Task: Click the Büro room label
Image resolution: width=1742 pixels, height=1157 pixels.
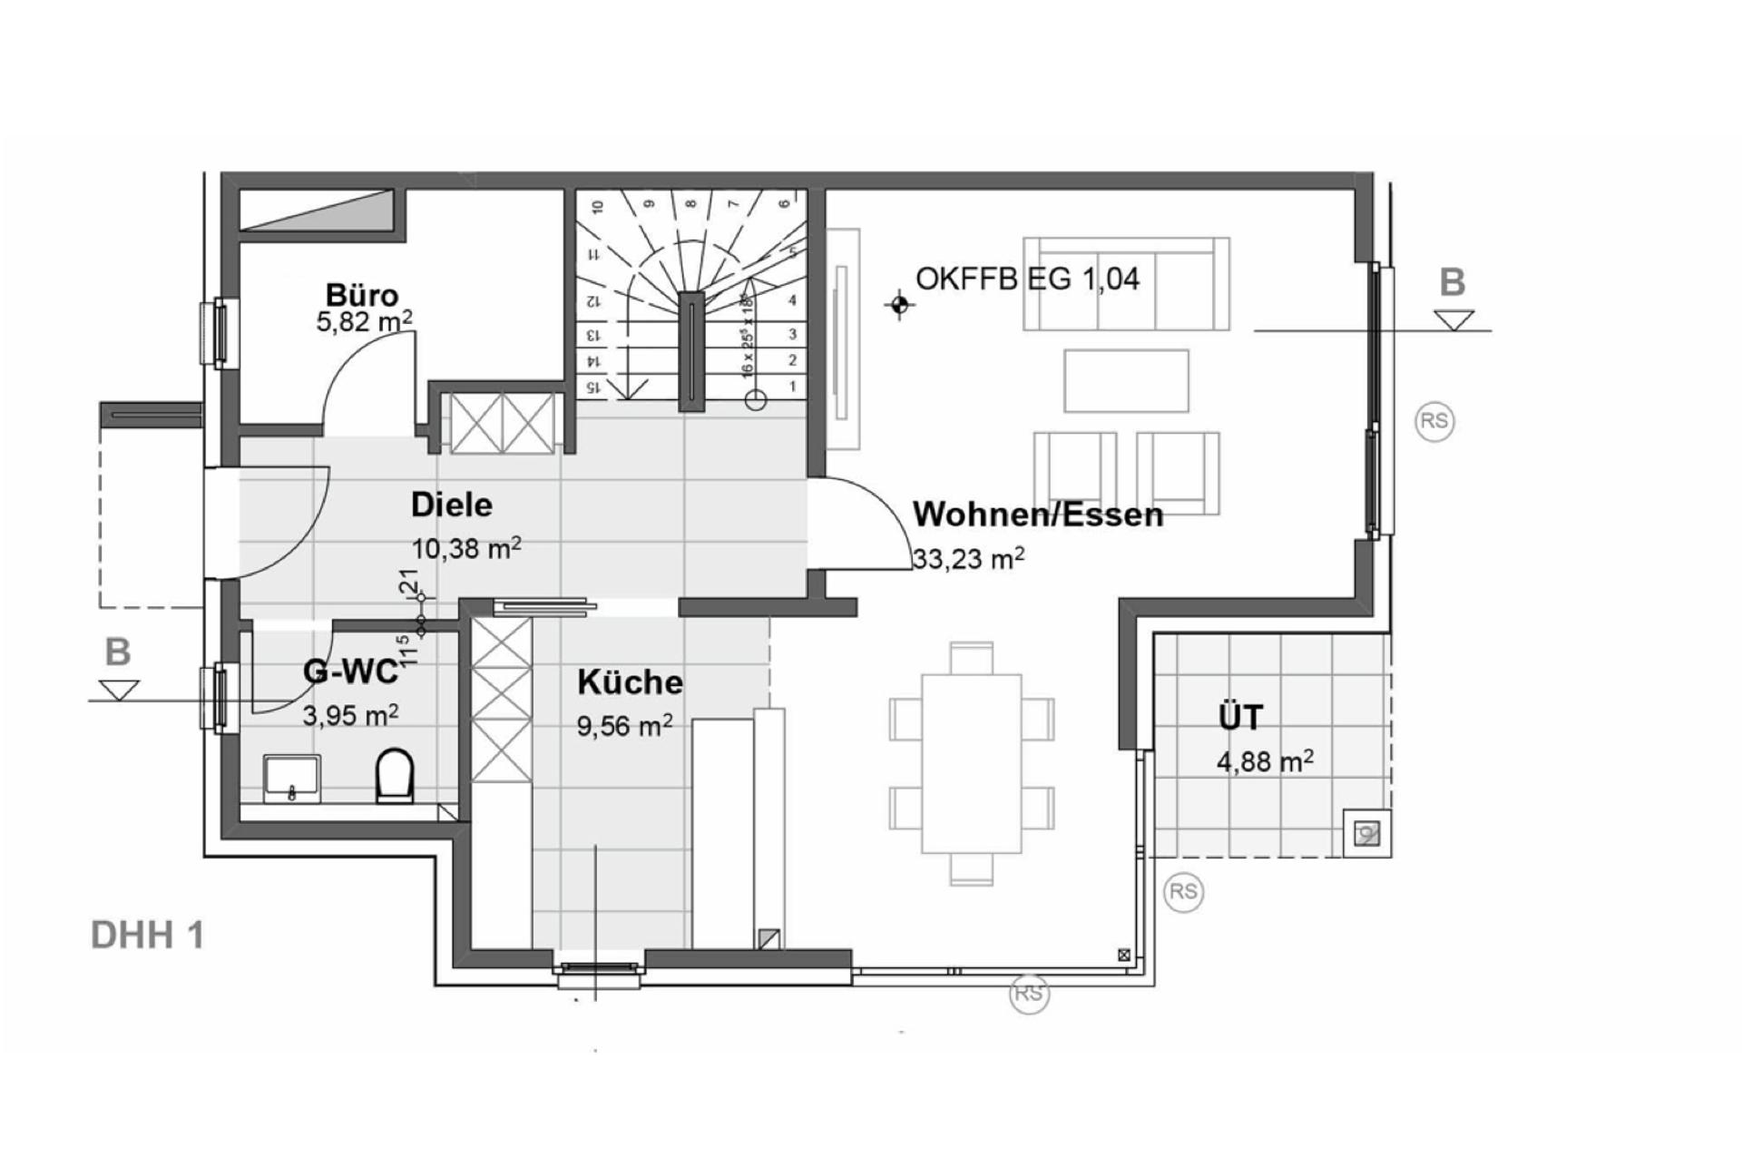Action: click(x=362, y=296)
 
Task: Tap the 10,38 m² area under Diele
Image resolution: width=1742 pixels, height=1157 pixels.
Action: click(x=466, y=548)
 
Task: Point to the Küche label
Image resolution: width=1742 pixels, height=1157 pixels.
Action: click(x=630, y=682)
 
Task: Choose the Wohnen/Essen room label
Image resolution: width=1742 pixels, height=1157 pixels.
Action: click(x=1037, y=515)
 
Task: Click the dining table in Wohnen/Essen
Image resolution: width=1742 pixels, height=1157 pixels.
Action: click(x=971, y=763)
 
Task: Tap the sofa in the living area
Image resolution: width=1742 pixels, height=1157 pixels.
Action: click(x=1126, y=284)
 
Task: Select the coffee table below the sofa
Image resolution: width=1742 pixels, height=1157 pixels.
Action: click(x=1126, y=381)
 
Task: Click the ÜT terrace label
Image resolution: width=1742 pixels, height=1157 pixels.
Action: click(x=1239, y=718)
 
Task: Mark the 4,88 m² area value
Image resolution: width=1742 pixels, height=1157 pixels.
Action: click(x=1265, y=760)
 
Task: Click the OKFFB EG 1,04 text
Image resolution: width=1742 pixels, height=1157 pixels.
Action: click(x=1027, y=279)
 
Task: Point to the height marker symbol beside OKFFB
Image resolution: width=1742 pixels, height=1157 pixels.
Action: click(x=899, y=306)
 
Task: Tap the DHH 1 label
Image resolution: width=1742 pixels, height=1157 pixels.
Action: click(x=147, y=936)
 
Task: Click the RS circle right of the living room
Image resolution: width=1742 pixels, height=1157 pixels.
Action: click(x=1434, y=421)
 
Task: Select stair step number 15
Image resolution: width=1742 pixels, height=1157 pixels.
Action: click(x=594, y=387)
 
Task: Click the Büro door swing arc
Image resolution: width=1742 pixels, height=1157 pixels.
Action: click(x=354, y=363)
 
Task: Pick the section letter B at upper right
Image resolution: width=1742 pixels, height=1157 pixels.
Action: click(x=1453, y=283)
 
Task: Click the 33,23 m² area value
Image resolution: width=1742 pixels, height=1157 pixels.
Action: click(x=969, y=558)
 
